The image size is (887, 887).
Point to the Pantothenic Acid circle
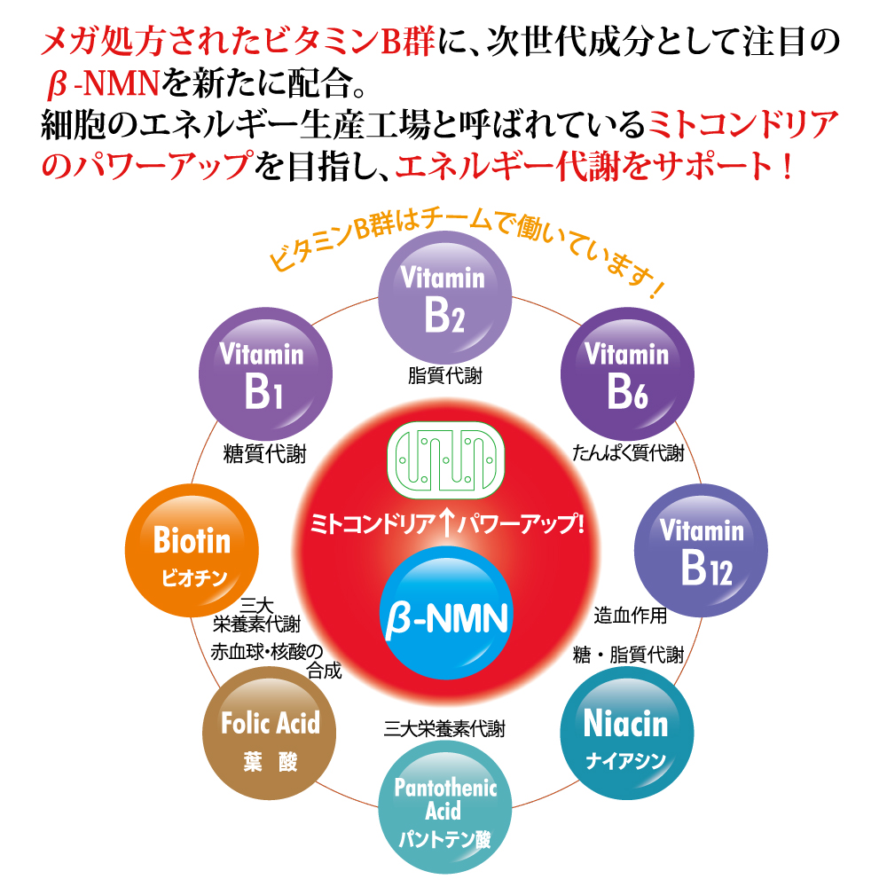click(x=445, y=808)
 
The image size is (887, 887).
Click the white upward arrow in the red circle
click(x=446, y=522)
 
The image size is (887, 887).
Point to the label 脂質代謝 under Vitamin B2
click(x=445, y=376)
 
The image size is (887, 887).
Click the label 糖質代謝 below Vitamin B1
click(x=264, y=455)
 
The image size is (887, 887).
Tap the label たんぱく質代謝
click(x=628, y=454)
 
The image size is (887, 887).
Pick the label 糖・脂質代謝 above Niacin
click(x=628, y=655)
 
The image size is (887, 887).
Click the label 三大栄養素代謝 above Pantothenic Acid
click(x=444, y=729)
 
